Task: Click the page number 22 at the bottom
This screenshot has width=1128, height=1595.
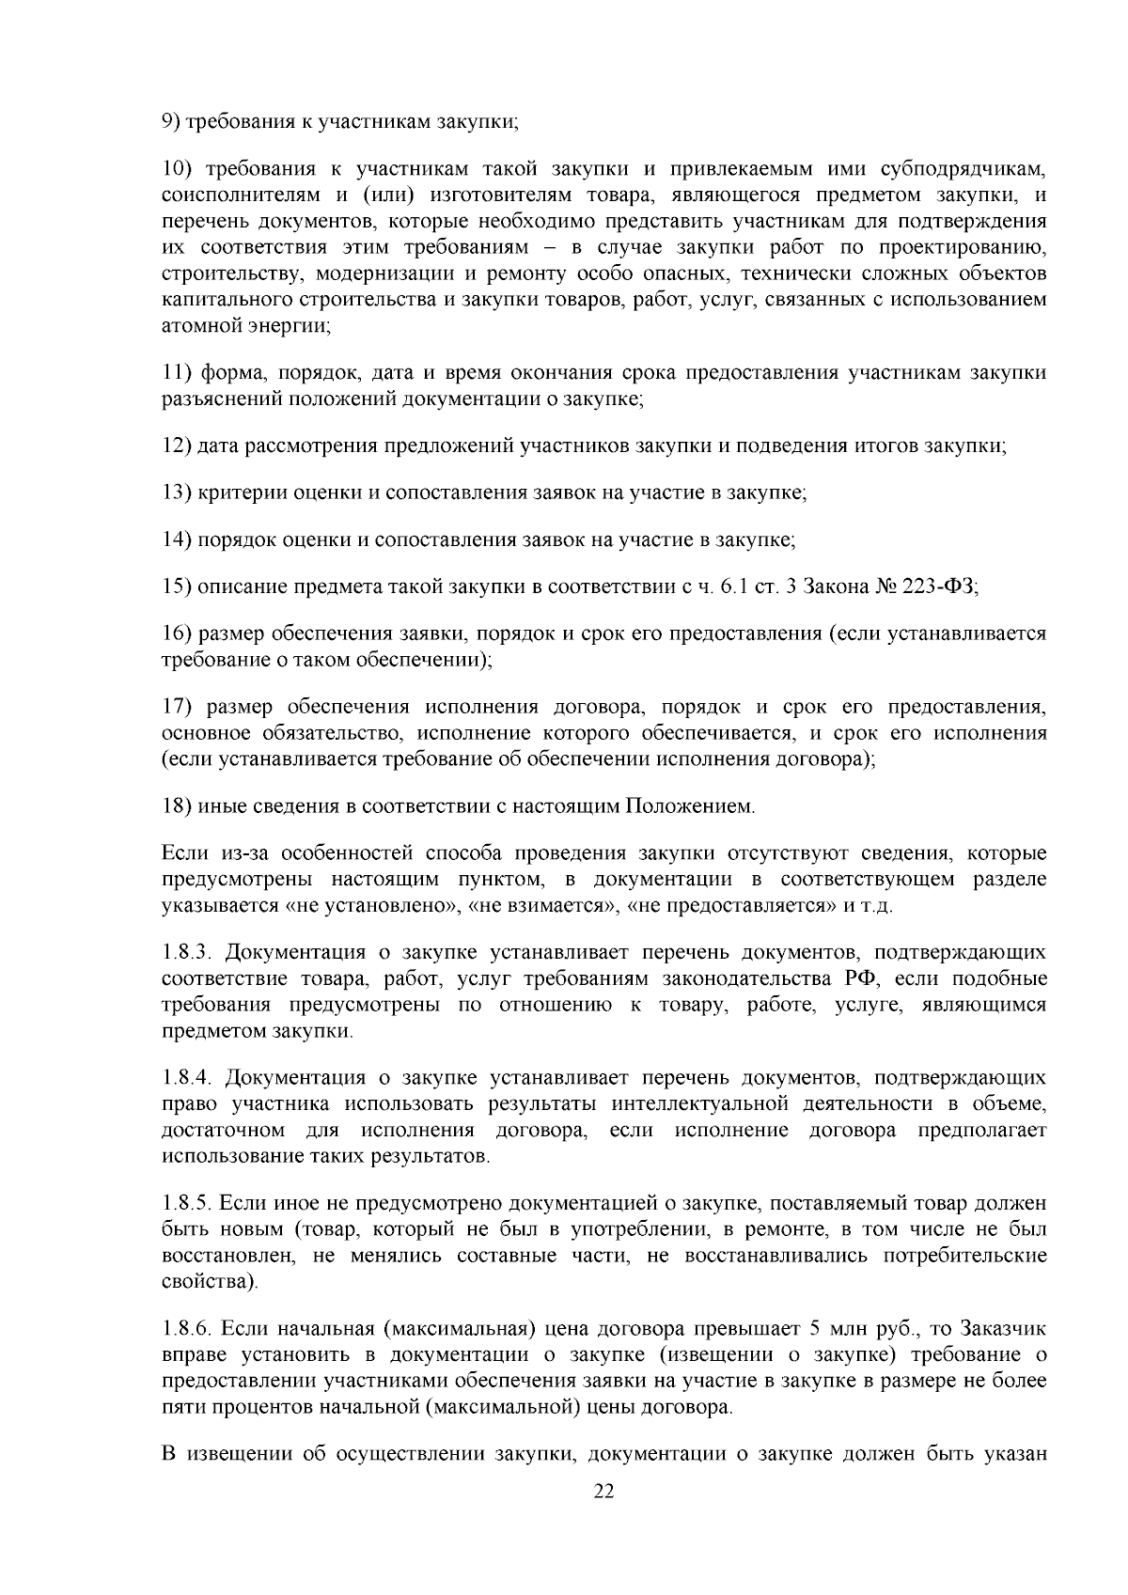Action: click(603, 1492)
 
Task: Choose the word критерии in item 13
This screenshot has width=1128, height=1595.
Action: click(238, 493)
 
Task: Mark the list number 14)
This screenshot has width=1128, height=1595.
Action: click(177, 540)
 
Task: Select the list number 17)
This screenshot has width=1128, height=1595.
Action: click(177, 707)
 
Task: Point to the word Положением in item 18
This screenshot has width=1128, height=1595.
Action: click(690, 805)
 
